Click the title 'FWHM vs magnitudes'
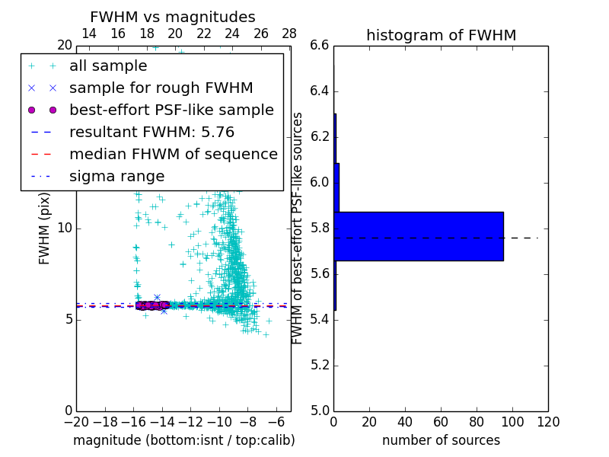tap(172, 17)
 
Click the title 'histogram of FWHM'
tap(441, 35)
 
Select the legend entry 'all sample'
tap(108, 66)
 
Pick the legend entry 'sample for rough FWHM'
tap(161, 88)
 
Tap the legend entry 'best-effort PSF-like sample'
tap(171, 110)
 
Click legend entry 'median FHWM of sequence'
tap(173, 154)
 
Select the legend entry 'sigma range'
tap(116, 176)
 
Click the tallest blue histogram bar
tap(418, 236)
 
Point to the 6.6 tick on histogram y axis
tap(320, 46)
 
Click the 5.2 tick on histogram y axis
tap(320, 365)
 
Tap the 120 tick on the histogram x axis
tap(548, 422)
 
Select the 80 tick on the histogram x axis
tap(477, 422)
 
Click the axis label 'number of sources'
tap(441, 440)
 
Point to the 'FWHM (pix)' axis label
tap(45, 228)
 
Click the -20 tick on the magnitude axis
tap(76, 422)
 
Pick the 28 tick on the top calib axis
tap(289, 34)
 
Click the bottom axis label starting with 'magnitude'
tap(183, 440)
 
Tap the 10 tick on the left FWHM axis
tap(65, 228)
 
